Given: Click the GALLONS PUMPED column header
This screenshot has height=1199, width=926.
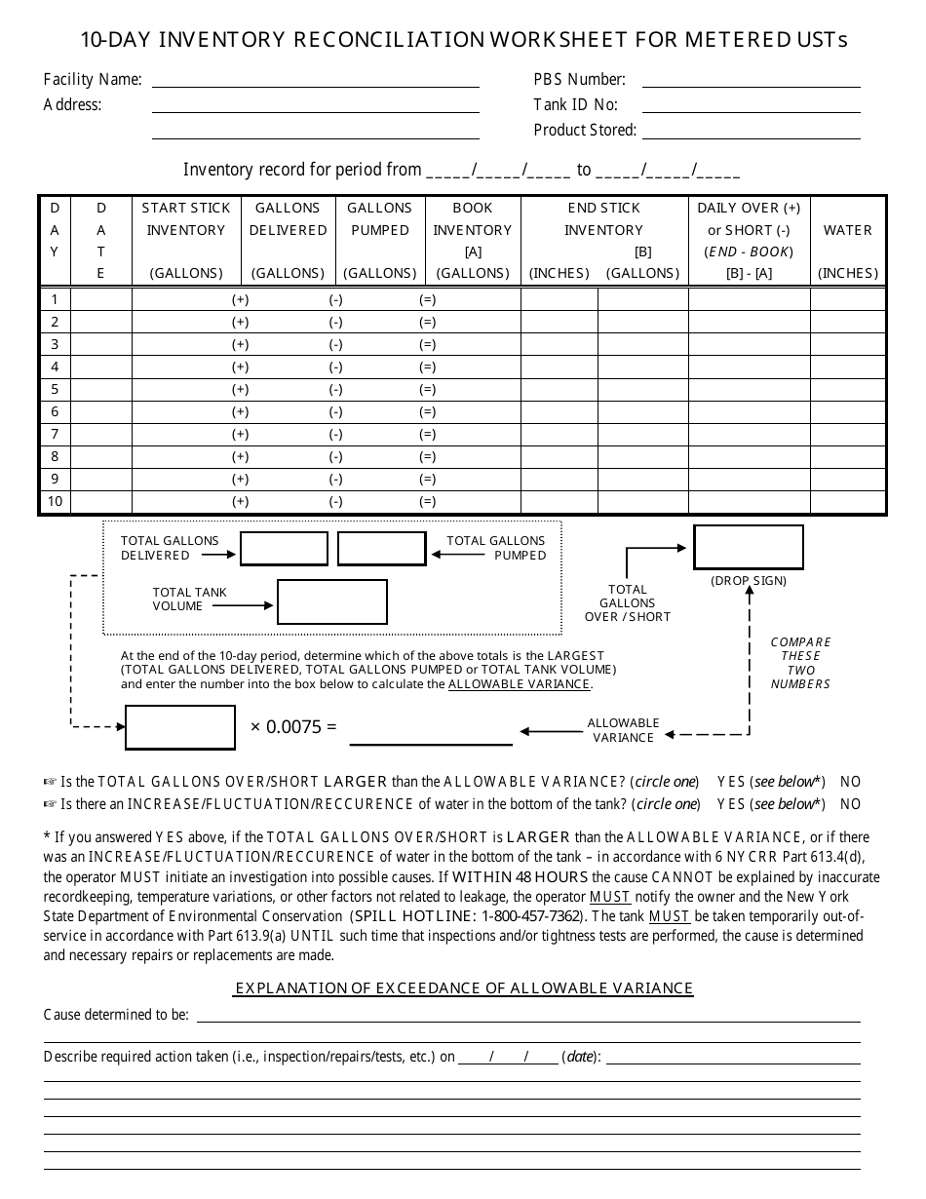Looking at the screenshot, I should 379,240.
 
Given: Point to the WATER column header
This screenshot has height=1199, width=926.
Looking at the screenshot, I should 847,231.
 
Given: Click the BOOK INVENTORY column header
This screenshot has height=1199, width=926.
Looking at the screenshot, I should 473,240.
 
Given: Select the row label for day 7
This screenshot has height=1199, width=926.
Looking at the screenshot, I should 55,434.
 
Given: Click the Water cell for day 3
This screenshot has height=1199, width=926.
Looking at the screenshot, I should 847,344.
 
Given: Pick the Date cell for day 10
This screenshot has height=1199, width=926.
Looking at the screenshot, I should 101,501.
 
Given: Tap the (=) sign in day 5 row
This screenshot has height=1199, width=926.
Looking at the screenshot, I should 427,389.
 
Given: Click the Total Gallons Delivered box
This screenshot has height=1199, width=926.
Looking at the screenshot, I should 284,549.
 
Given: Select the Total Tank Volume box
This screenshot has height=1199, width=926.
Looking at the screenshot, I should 331,601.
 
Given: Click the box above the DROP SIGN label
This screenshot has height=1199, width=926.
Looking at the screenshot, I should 748,547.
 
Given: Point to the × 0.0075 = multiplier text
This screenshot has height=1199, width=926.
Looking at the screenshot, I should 293,727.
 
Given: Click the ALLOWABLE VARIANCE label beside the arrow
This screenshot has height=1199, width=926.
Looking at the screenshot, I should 623,730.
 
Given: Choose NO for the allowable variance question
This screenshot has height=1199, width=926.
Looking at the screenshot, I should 850,782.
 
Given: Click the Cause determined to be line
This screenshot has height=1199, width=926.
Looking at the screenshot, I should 528,1016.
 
